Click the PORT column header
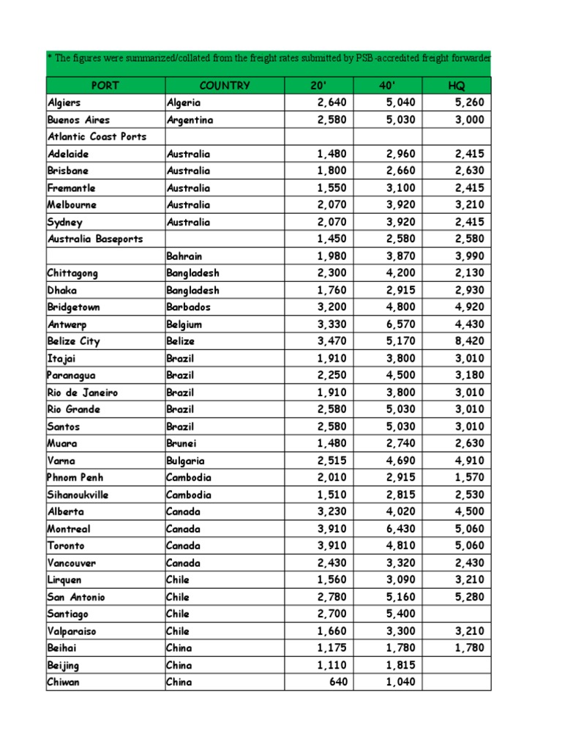pos(105,86)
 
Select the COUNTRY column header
pos(225,86)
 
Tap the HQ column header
pos(456,86)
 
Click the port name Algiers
pos(65,103)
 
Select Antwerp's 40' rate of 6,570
pos(401,324)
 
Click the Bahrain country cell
pos(184,256)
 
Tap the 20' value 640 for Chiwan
pos(339,682)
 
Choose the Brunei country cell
pos(181,444)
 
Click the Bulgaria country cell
pos(185,461)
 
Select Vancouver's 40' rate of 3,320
pos(401,563)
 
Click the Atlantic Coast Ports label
pos(97,137)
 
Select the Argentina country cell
pos(190,120)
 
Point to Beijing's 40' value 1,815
pos(401,665)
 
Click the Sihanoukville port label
pos(78,495)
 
